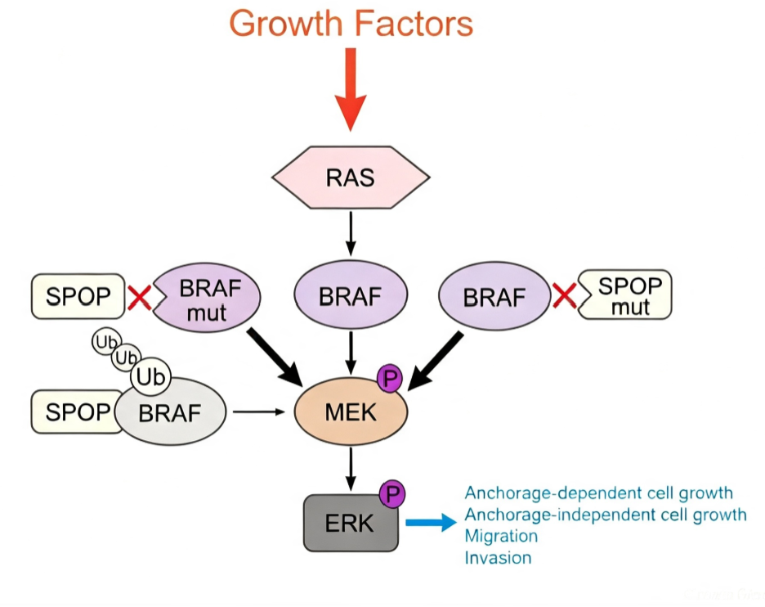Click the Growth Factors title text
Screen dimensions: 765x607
tap(351, 23)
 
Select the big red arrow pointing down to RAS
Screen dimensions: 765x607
tap(351, 89)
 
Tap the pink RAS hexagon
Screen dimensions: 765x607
tap(351, 178)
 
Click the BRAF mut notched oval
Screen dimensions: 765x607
tap(207, 298)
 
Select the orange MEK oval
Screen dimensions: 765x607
tap(351, 411)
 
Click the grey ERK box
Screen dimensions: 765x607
tap(351, 523)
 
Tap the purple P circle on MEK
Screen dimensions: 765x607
tap(390, 379)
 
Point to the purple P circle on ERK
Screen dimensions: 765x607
tap(392, 494)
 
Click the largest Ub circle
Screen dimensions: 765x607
tap(150, 377)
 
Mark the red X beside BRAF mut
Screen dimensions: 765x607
tap(139, 298)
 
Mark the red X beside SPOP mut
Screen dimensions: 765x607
tap(565, 296)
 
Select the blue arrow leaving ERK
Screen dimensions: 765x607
tap(432, 523)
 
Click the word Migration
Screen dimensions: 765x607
tap(501, 536)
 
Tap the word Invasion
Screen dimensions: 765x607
tap(498, 558)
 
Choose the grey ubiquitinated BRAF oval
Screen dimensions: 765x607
tap(170, 411)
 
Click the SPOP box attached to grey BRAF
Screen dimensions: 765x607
tap(76, 411)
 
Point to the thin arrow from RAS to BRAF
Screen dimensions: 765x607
tap(351, 234)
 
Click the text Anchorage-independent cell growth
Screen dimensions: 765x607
tap(606, 515)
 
